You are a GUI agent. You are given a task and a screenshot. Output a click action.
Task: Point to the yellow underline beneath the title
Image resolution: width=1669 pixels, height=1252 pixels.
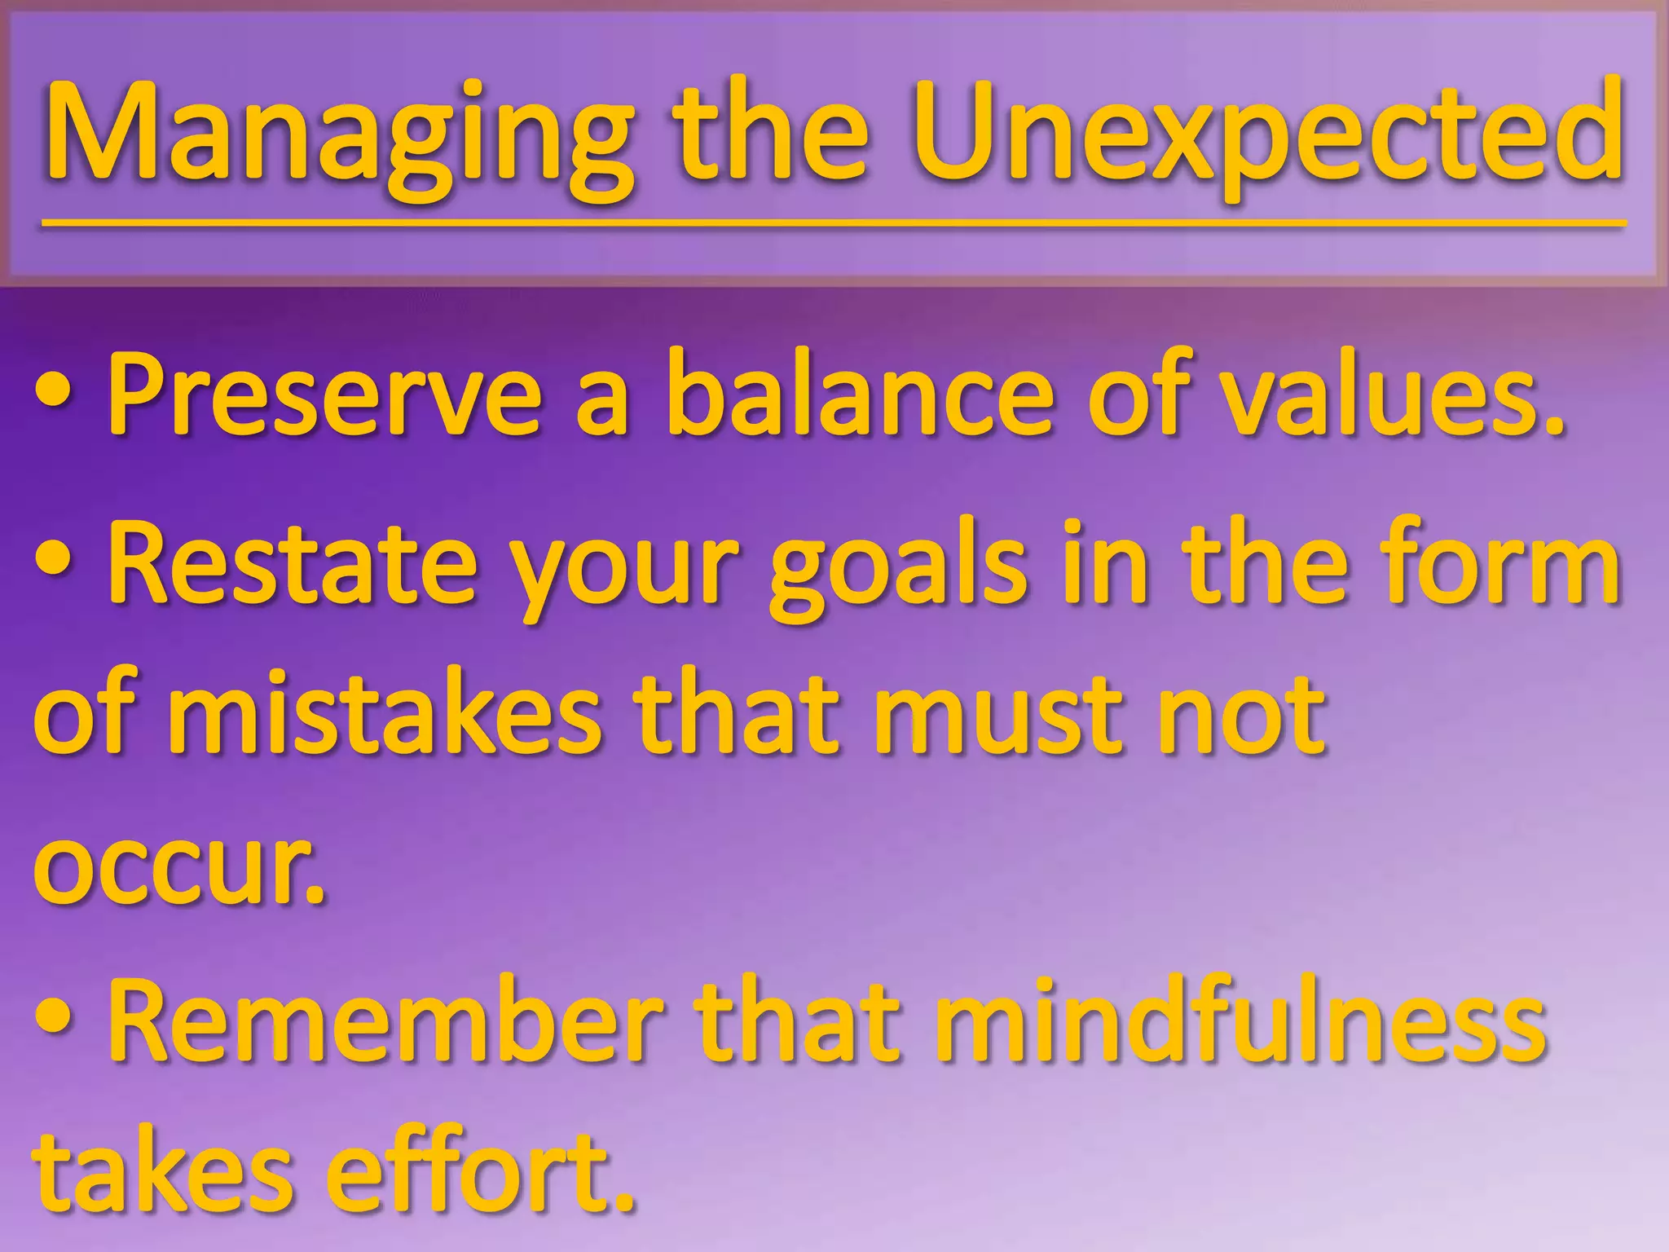point(831,223)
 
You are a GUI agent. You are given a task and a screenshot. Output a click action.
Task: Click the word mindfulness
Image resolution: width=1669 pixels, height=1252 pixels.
point(1239,1019)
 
